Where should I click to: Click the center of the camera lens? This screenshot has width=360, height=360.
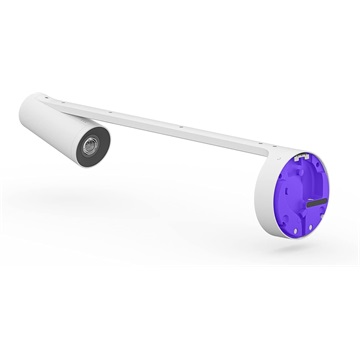click(x=87, y=149)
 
